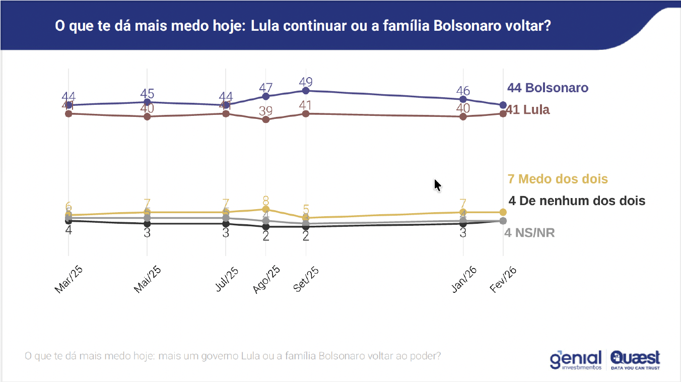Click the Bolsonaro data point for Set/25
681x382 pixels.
[x=305, y=91]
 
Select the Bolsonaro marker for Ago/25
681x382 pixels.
[x=266, y=96]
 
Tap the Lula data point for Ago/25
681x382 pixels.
[x=266, y=119]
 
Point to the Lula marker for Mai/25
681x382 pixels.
[x=147, y=116]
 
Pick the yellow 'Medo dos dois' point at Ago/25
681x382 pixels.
[x=266, y=209]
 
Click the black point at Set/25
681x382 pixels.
[x=305, y=227]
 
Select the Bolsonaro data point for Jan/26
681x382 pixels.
[x=463, y=99]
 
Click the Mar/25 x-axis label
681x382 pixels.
[x=69, y=280]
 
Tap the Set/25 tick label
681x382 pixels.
[x=306, y=279]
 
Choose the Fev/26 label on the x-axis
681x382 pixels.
[x=504, y=279]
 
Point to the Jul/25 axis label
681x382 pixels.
[x=227, y=279]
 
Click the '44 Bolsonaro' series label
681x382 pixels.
[x=548, y=88]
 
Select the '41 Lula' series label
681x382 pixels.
[x=528, y=109]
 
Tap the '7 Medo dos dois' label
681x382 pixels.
[x=558, y=179]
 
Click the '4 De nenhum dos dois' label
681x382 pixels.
[x=577, y=201]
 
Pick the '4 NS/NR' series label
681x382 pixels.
[x=529, y=233]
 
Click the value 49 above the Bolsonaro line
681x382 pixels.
[x=306, y=82]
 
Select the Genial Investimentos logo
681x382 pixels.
[x=576, y=360]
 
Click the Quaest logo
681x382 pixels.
[x=635, y=360]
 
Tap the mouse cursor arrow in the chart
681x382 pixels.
[x=437, y=185]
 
